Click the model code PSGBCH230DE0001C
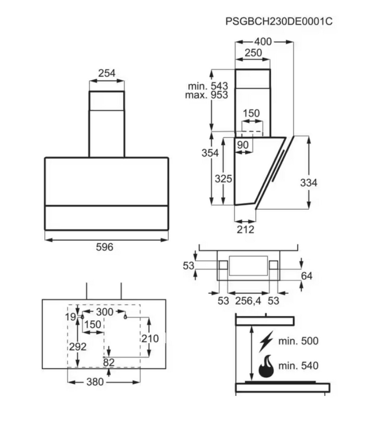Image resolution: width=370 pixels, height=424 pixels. (x=279, y=21)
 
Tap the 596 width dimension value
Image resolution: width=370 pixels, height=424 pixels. (x=105, y=247)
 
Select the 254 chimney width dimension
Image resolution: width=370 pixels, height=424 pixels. (x=107, y=73)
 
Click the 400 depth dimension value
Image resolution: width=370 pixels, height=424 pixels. (x=263, y=42)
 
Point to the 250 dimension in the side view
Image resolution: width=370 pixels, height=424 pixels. (x=253, y=53)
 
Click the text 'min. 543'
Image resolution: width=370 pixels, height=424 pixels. (x=208, y=86)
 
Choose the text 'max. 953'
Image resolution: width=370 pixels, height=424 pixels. (x=207, y=95)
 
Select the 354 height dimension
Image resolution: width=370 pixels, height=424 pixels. (x=210, y=153)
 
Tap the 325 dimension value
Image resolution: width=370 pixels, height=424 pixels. (x=224, y=179)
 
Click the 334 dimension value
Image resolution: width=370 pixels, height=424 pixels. (x=309, y=183)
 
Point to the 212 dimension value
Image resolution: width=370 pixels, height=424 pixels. (x=245, y=230)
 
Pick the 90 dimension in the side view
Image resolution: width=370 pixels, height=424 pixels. (x=243, y=145)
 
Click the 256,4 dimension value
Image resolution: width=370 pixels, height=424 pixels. (x=248, y=301)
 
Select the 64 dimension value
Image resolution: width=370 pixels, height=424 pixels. (x=306, y=276)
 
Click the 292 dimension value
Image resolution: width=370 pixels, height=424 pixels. (x=77, y=347)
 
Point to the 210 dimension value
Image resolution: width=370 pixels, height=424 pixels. (x=150, y=339)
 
